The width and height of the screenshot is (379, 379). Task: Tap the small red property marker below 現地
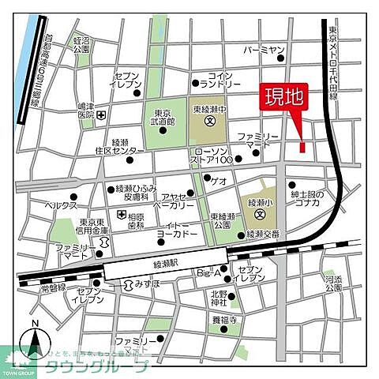302,147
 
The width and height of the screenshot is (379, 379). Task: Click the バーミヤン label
264,51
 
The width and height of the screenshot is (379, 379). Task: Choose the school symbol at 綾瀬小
260,213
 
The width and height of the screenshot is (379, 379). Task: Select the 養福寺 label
223,321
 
